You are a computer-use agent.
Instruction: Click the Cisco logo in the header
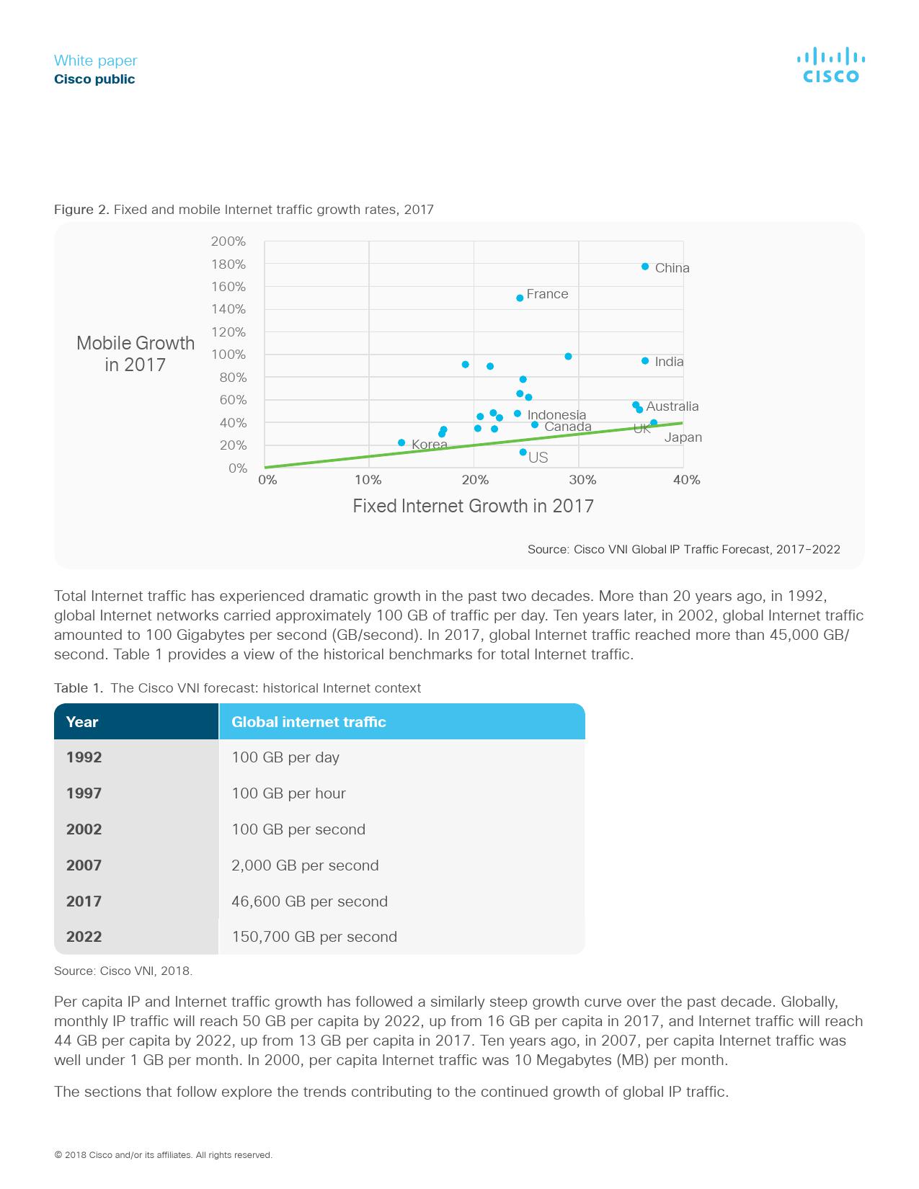(830, 66)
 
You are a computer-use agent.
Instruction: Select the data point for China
(645, 267)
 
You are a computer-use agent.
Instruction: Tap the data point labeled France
(520, 298)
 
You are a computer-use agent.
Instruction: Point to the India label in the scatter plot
(669, 362)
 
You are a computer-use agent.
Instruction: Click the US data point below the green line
(523, 453)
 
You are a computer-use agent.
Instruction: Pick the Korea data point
(401, 442)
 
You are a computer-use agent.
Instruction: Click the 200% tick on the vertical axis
(228, 241)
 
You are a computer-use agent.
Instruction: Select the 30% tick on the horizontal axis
(582, 480)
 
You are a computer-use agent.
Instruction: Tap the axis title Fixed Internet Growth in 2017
(473, 506)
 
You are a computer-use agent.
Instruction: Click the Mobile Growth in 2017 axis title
(136, 354)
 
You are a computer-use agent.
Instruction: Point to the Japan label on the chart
(683, 437)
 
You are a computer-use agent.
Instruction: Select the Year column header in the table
(82, 722)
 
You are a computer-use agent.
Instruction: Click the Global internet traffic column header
(308, 722)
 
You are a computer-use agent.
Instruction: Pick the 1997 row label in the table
(84, 793)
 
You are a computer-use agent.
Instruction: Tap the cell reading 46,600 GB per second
(309, 901)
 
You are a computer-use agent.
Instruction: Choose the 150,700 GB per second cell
(314, 937)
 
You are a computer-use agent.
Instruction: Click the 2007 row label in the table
(84, 865)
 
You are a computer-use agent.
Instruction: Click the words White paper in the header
(95, 61)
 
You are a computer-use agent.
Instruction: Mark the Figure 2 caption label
(81, 210)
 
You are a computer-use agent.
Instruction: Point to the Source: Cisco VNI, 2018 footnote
(123, 971)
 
